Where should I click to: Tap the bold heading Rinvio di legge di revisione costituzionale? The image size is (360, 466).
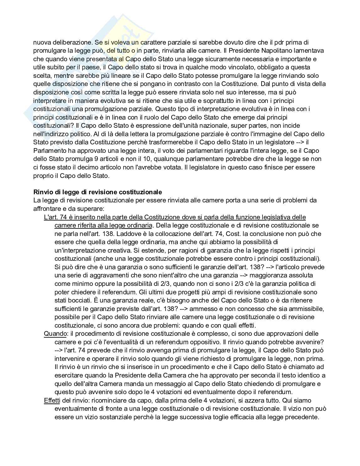click(x=98, y=192)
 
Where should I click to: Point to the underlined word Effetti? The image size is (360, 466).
click(x=52, y=400)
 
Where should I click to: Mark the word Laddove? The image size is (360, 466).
click(x=162, y=234)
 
